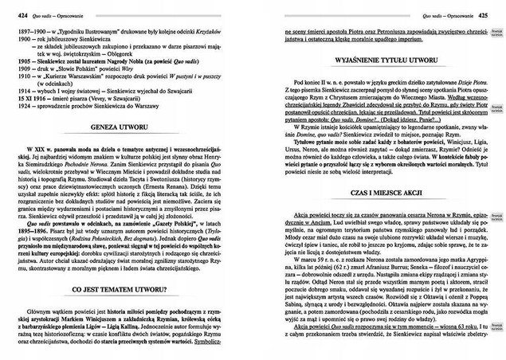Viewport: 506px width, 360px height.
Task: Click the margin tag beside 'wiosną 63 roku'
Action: [x=495, y=347]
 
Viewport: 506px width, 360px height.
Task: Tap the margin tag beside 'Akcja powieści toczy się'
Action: [x=495, y=217]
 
